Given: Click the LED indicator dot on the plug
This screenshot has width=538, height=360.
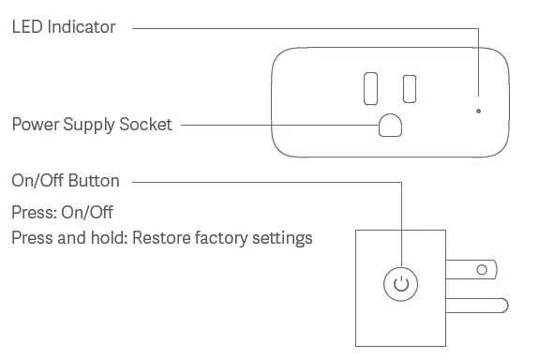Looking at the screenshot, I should (x=478, y=111).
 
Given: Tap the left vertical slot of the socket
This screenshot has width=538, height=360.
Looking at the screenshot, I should (x=368, y=86).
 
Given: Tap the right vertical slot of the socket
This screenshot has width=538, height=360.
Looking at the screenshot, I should (x=410, y=86).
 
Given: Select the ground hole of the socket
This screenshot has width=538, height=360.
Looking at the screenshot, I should (x=389, y=126).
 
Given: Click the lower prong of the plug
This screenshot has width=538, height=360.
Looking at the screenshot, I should (x=478, y=305).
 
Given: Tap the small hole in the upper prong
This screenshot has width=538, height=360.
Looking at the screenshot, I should (x=482, y=271).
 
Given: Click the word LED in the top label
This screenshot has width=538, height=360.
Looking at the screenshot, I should (x=27, y=27).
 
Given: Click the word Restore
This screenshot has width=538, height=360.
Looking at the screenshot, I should (x=160, y=238).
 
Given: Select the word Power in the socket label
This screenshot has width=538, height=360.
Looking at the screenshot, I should (x=34, y=125).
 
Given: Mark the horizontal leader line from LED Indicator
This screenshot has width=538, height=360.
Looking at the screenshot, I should (x=300, y=28).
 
